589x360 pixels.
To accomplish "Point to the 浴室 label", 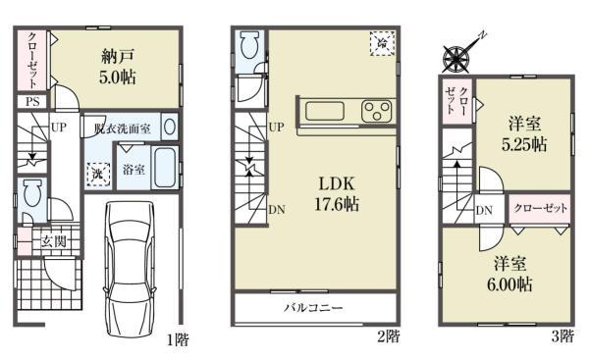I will [134, 170].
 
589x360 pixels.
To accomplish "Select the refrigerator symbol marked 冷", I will [379, 42].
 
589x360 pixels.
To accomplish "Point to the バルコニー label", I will [313, 308].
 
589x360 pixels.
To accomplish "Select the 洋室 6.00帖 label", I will [511, 274].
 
